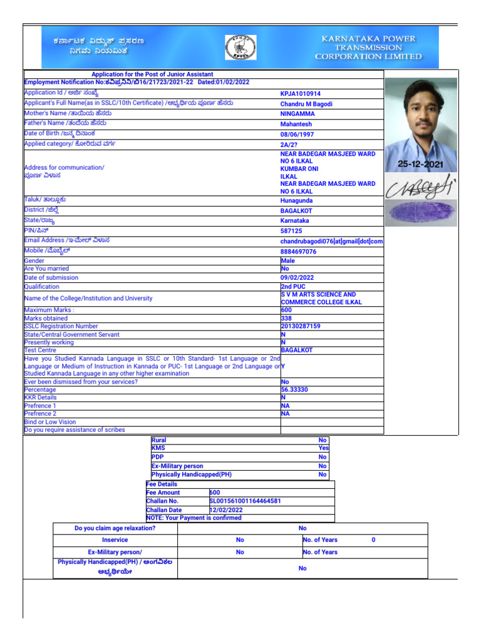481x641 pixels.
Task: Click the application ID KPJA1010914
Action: point(300,94)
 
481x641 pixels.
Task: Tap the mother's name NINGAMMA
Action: point(297,114)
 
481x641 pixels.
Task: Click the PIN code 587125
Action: point(291,231)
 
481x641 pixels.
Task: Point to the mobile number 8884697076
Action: point(299,252)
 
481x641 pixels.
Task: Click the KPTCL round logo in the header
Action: point(240,48)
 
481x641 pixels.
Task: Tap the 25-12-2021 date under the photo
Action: point(420,164)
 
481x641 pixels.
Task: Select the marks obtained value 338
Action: point(287,318)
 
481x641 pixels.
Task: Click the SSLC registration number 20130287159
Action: point(301,326)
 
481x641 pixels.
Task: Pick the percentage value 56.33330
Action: point(295,389)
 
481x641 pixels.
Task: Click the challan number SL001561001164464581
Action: point(245,501)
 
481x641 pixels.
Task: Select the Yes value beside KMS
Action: point(323,448)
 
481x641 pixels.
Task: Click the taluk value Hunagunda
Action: point(297,201)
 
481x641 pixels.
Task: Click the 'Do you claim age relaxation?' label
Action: point(115,528)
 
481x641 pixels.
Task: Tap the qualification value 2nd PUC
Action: point(293,286)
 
